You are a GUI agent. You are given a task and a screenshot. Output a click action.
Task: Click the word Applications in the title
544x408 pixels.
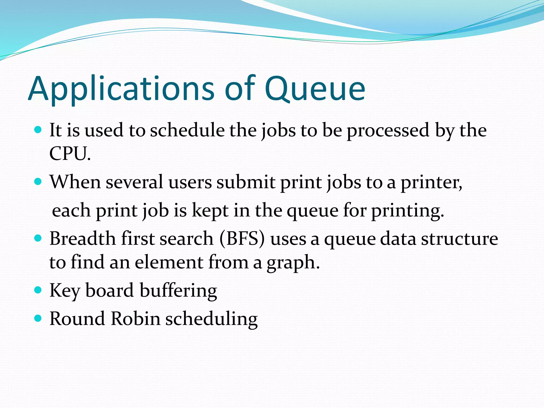121,89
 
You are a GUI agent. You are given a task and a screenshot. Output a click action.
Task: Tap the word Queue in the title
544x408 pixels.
315,89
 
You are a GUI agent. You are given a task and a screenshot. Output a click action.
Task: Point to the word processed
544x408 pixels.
388,131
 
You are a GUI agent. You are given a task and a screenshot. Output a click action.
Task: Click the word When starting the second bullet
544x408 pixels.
75,182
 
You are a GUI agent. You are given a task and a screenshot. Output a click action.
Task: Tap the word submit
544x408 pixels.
246,182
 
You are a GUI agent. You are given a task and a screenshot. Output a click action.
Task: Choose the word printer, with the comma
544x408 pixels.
432,183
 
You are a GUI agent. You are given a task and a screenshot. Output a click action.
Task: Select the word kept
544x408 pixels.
210,210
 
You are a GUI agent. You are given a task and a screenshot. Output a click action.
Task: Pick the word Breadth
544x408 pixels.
83,238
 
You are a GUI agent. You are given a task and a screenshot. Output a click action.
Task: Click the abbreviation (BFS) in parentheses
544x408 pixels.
242,238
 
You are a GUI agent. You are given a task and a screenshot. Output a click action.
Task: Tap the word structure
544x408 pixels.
460,238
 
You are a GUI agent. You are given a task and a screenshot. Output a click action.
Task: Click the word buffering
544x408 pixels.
178,290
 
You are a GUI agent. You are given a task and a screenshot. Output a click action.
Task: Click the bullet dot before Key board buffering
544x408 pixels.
38,290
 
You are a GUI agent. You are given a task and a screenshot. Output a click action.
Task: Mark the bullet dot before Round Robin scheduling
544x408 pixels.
38,318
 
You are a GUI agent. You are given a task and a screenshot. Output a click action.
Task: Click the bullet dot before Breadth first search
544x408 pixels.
38,238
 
